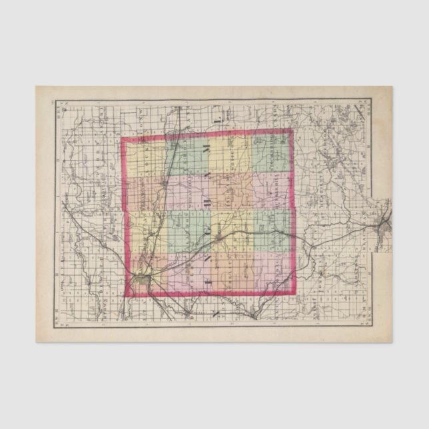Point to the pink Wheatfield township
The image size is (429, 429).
(x=187, y=193)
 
